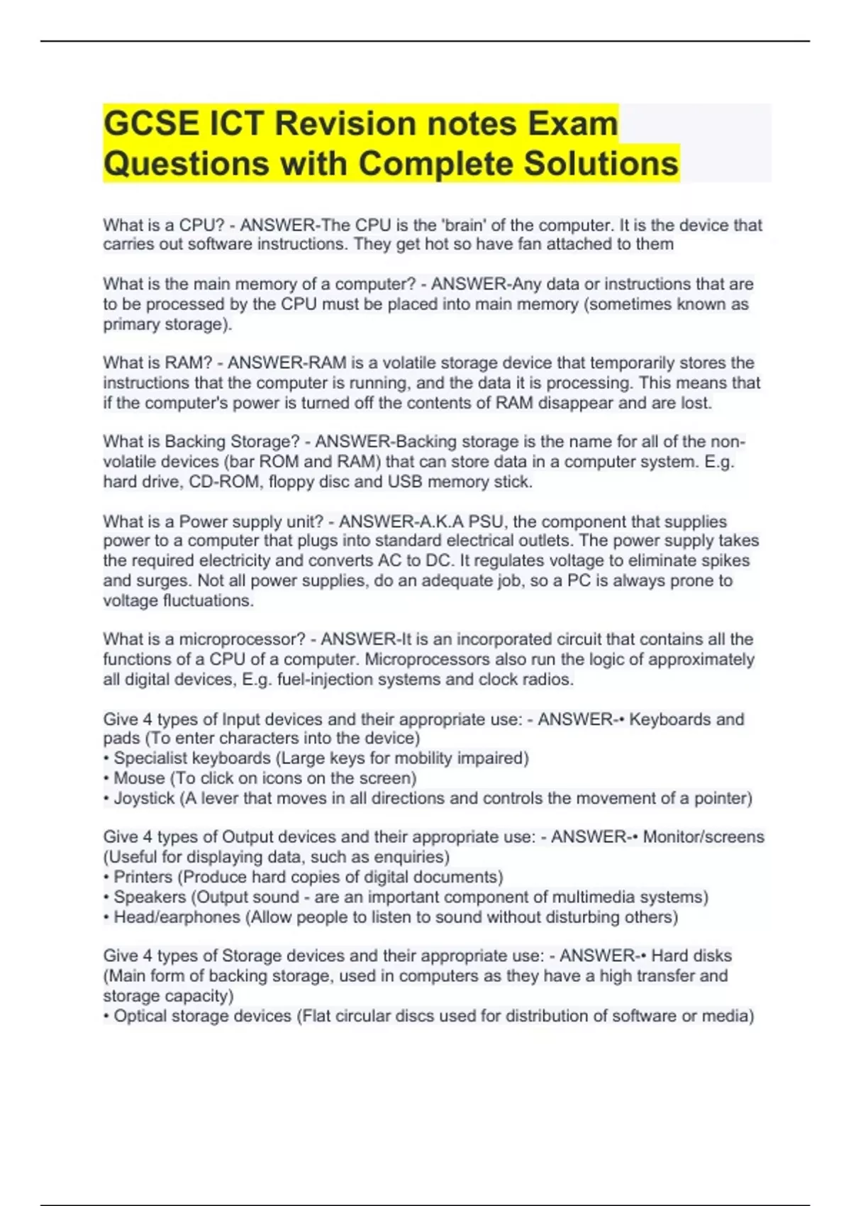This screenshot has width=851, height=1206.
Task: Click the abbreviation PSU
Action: point(487,521)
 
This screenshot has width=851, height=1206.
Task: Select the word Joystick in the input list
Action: point(144,798)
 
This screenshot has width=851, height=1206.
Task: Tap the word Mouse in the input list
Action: point(139,778)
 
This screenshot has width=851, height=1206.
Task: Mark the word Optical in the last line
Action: point(143,1016)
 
